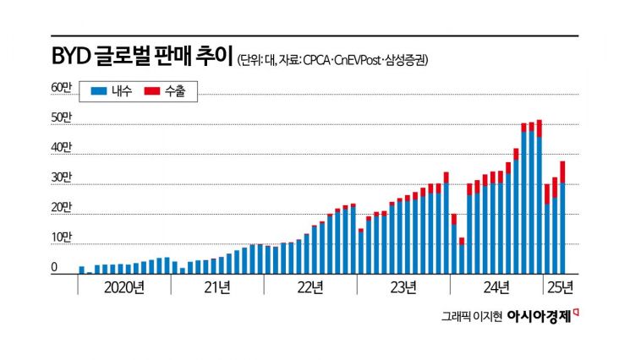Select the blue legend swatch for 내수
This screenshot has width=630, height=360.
click(x=98, y=90)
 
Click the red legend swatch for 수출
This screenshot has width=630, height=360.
click(x=153, y=90)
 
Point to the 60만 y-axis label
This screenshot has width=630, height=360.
click(x=62, y=87)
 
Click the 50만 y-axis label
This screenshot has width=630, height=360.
click(x=62, y=117)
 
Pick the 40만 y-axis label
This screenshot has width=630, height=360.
click(x=62, y=148)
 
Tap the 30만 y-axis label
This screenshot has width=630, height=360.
click(x=62, y=178)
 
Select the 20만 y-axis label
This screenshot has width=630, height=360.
click(x=62, y=208)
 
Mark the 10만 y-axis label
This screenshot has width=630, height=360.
click(x=62, y=238)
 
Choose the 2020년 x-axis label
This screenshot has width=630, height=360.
click(x=123, y=286)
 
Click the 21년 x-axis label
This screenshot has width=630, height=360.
click(x=217, y=286)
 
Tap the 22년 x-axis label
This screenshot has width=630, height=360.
click(x=310, y=286)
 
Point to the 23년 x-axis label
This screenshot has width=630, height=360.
click(x=403, y=286)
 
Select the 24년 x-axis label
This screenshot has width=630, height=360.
click(x=496, y=286)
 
